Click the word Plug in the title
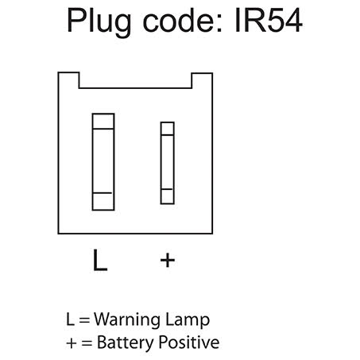point(99,21)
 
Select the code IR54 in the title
point(269,20)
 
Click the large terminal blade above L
point(103,162)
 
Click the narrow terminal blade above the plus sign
point(168,163)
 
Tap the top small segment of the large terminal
point(103,122)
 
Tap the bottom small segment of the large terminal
point(103,201)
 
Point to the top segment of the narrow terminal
point(168,129)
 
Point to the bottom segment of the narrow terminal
point(168,196)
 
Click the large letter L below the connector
point(100,260)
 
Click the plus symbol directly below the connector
point(168,260)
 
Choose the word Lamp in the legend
point(188,320)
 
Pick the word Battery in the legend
point(126,343)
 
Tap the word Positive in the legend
point(189,342)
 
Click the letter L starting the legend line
point(70,319)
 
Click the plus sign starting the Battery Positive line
point(72,343)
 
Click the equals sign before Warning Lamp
point(84,320)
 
